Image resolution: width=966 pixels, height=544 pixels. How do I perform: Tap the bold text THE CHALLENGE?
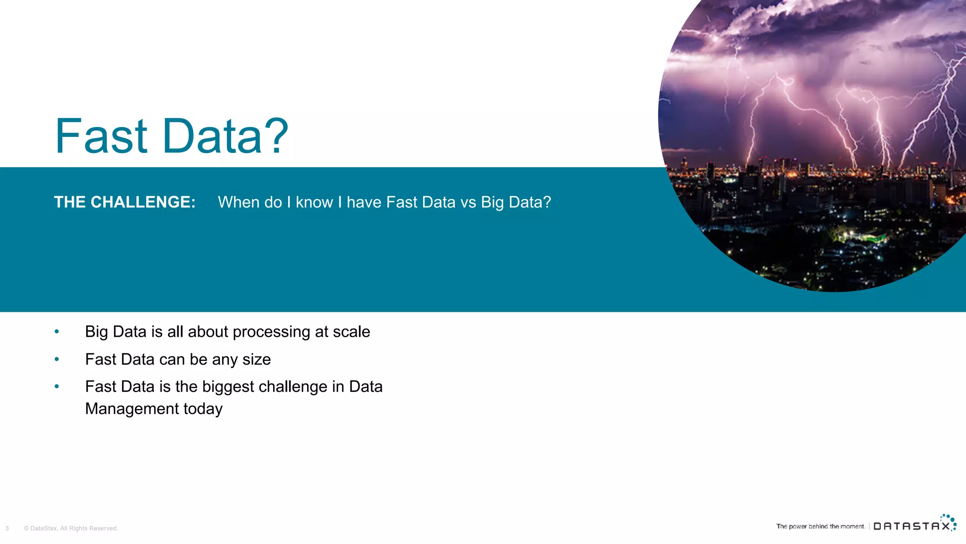pyautogui.click(x=125, y=202)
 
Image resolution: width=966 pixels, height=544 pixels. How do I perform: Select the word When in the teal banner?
pyautogui.click(x=239, y=202)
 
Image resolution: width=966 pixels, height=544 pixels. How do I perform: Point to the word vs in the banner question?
pyautogui.click(x=468, y=202)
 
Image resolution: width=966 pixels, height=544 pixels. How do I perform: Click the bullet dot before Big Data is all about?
pyautogui.click(x=57, y=331)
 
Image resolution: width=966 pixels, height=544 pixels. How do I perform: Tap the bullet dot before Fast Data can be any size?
pyautogui.click(x=57, y=359)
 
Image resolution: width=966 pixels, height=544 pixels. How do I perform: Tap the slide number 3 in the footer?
pyautogui.click(x=7, y=528)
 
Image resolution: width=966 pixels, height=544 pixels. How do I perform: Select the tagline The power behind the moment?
pyautogui.click(x=820, y=526)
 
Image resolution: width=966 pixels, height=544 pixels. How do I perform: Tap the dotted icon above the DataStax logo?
pyautogui.click(x=949, y=519)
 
